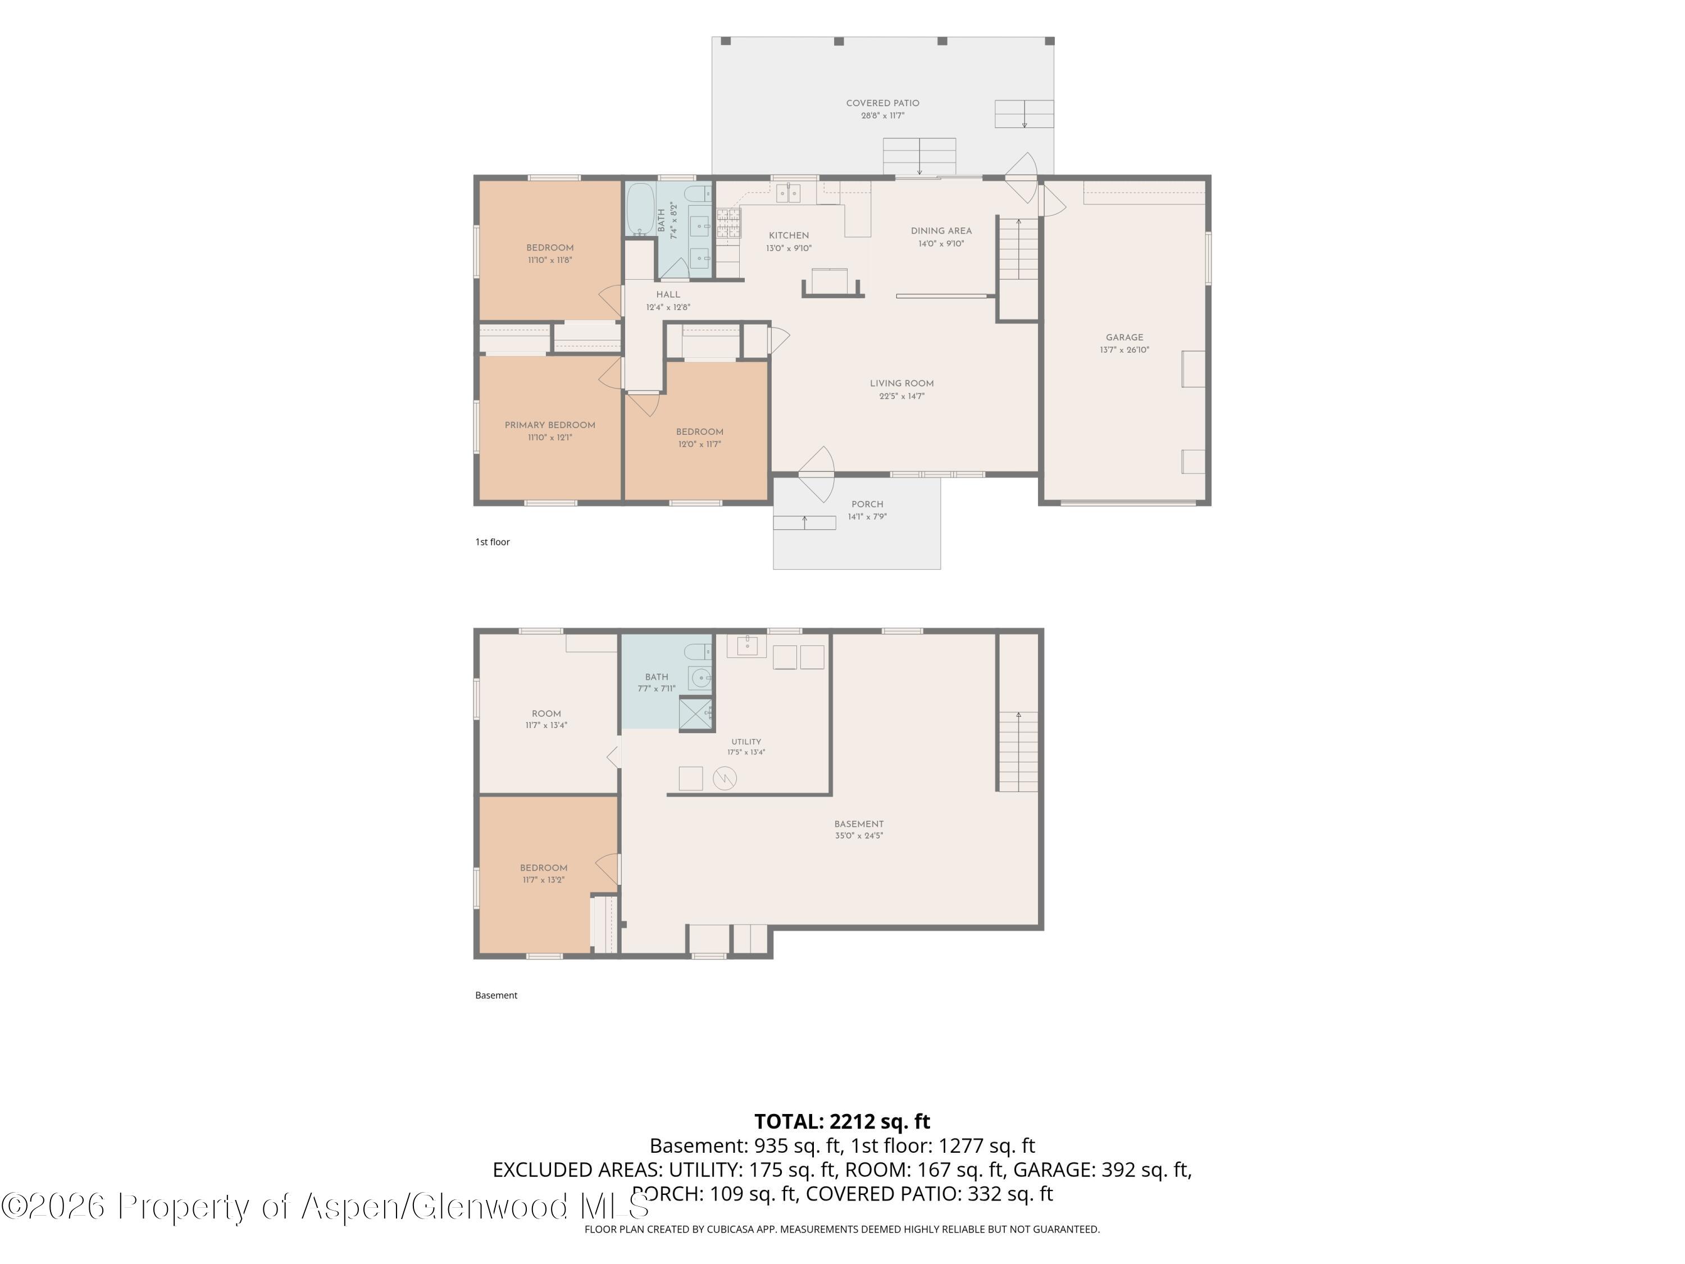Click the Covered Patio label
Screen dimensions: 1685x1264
coord(882,103)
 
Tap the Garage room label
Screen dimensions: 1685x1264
coord(1124,338)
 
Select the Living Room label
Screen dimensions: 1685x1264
coord(902,383)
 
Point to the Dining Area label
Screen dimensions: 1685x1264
coord(941,231)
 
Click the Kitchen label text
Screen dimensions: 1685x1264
coord(789,235)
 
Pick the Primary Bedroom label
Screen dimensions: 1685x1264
coord(550,425)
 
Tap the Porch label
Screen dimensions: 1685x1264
coord(868,504)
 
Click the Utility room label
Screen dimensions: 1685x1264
coord(746,742)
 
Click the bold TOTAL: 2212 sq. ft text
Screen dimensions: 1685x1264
coord(842,1121)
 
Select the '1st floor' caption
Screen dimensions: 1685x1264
coord(492,542)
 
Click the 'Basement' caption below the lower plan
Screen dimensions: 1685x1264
coord(496,995)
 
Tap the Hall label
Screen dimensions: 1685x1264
coord(668,294)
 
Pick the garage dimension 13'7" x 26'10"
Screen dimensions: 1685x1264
coord(1124,351)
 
